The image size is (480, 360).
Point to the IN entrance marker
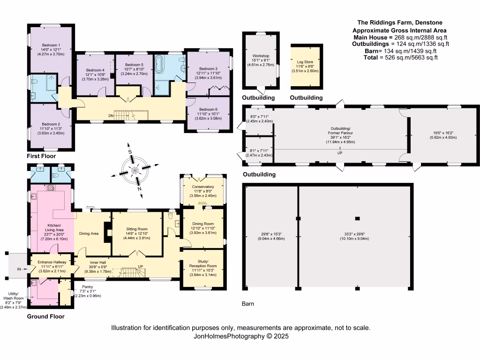pyautogui.click(x=20, y=269)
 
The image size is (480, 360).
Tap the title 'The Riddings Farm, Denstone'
pyautogui.click(x=400, y=22)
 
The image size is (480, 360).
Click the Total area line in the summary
pyautogui.click(x=400, y=58)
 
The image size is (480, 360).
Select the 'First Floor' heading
pyautogui.click(x=41, y=156)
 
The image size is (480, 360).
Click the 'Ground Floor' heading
pyautogui.click(x=45, y=316)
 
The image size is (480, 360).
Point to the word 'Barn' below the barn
pyautogui.click(x=248, y=304)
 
